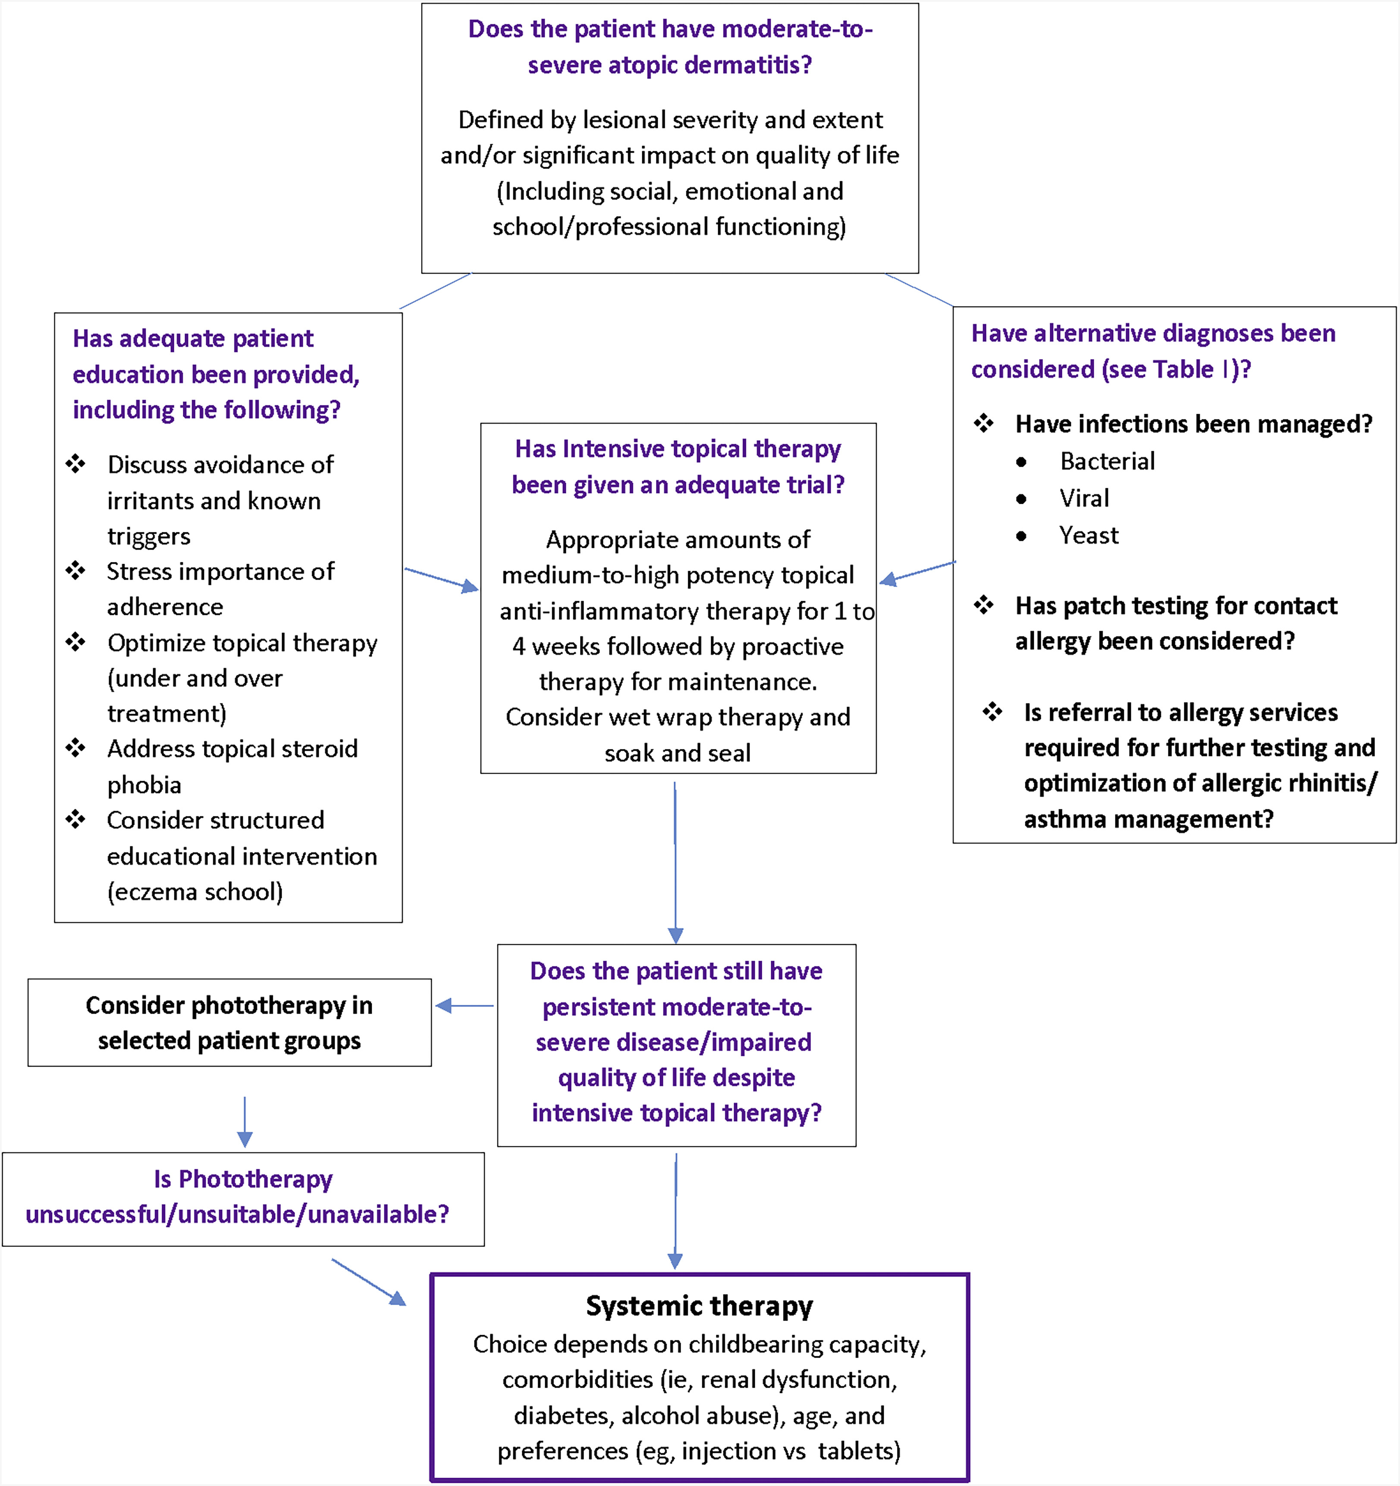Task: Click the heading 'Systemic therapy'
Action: [x=699, y=1306]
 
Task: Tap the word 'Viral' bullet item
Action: [x=1084, y=498]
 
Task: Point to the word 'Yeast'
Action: [x=1089, y=535]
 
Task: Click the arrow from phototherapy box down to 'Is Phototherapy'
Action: [x=245, y=1122]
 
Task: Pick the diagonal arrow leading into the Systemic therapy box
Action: [x=369, y=1283]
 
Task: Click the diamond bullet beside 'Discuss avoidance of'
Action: [x=75, y=464]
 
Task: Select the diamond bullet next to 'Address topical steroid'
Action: [x=75, y=747]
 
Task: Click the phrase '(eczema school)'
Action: [x=195, y=892]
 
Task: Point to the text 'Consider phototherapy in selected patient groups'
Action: [x=229, y=1023]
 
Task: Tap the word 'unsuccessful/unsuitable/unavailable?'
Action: [x=237, y=1214]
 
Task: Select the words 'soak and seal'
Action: [x=678, y=753]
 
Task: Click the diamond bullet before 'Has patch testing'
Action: [x=984, y=605]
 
